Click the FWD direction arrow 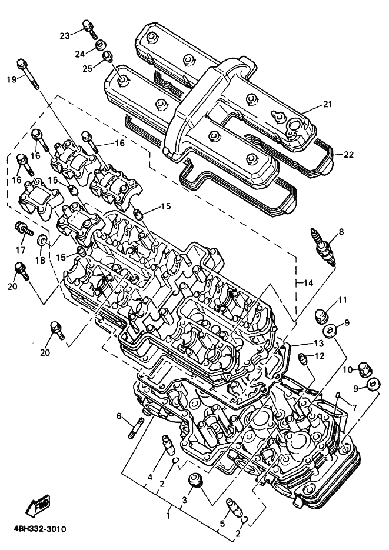[38, 505]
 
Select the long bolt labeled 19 [28, 74]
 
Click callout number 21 [328, 104]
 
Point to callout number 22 [348, 154]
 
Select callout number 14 [308, 283]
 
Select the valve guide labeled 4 [167, 445]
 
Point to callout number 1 [168, 516]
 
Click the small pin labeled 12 [302, 359]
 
